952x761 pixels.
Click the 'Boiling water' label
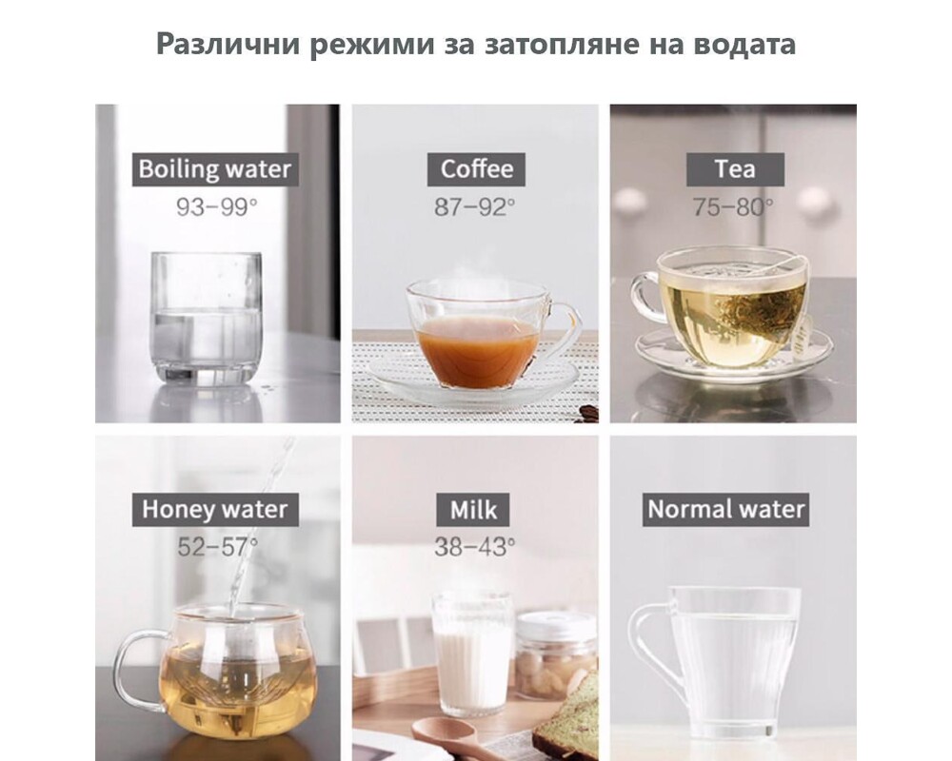coord(215,169)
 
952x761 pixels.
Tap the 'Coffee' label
coord(477,169)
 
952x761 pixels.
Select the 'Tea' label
coord(735,169)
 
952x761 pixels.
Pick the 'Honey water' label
coord(215,509)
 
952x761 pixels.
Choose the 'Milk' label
coord(473,509)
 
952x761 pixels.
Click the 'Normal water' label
coord(726,509)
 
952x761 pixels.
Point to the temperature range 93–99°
coord(217,207)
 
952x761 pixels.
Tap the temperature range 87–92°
coord(475,207)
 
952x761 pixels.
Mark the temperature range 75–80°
coord(733,207)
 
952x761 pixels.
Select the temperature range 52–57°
coord(217,547)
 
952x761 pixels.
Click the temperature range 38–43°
coord(475,547)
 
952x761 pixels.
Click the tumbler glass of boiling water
coord(207,319)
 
